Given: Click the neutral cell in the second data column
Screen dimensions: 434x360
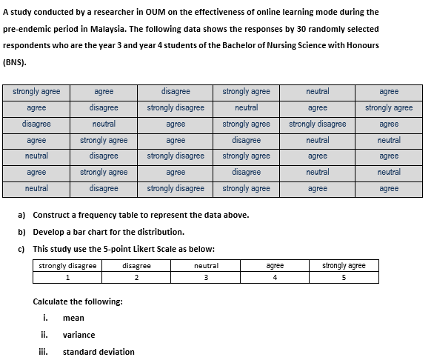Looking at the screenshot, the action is pos(104,124).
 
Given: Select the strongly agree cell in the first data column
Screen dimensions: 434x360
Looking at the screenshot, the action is pos(36,92).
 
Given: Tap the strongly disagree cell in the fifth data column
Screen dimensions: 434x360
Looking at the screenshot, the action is pos(317,124).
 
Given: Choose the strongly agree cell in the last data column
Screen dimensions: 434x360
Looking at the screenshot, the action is pos(388,108).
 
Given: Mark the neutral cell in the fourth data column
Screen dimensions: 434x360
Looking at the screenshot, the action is pos(246,108).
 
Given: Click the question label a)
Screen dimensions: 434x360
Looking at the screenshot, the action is pos(21,215).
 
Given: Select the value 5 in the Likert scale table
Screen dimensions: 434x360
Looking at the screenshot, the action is pos(344,278).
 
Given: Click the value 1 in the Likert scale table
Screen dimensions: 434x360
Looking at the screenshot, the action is pos(67,278).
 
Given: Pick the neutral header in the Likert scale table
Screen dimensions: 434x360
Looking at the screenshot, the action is pos(206,265).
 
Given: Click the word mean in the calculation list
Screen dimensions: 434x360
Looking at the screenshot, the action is pos(74,319).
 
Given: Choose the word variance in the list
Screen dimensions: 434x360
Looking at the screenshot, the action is pos(79,335).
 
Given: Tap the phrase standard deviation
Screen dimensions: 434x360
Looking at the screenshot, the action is pos(99,352).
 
